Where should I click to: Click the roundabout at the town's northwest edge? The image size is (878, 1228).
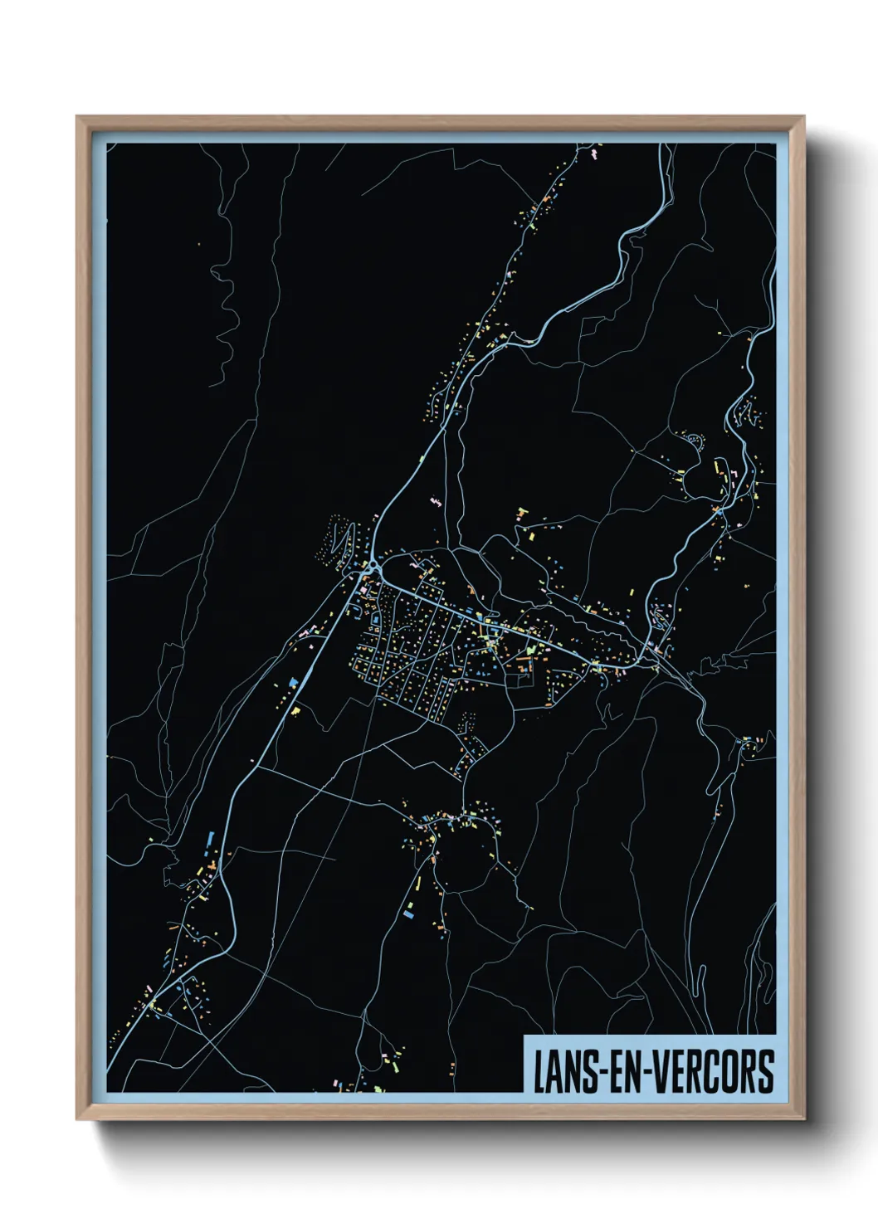(371, 567)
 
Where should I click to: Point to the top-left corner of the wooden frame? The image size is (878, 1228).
(78, 118)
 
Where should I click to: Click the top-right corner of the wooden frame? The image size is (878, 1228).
(803, 118)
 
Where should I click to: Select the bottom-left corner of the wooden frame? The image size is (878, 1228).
(78, 1118)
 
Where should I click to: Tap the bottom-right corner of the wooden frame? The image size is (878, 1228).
(803, 1118)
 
